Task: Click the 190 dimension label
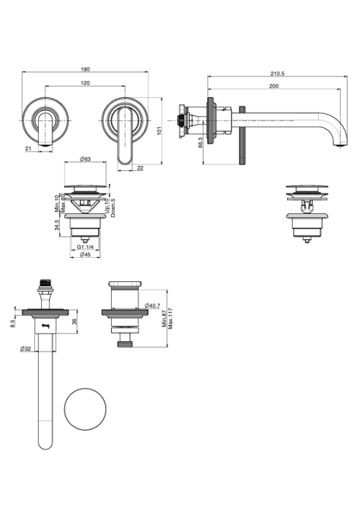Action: pyautogui.click(x=85, y=69)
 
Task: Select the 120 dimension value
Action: pyautogui.click(x=85, y=83)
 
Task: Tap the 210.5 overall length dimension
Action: pyautogui.click(x=277, y=74)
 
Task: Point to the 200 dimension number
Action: pyautogui.click(x=274, y=86)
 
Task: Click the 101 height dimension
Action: pyautogui.click(x=159, y=131)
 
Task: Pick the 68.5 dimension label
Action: pyautogui.click(x=199, y=142)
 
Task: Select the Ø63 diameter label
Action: pyautogui.click(x=85, y=159)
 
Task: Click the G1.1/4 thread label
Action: pyautogui.click(x=85, y=247)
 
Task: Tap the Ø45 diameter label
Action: pyautogui.click(x=85, y=254)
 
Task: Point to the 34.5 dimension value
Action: pyautogui.click(x=57, y=225)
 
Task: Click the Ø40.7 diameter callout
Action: pyautogui.click(x=153, y=306)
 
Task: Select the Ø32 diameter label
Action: pyautogui.click(x=25, y=349)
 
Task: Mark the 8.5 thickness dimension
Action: pyautogui.click(x=13, y=324)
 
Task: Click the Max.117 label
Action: pyautogui.click(x=170, y=319)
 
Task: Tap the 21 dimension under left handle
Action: pyautogui.click(x=28, y=149)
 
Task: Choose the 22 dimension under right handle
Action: pyautogui.click(x=140, y=168)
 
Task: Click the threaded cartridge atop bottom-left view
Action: pyautogui.click(x=45, y=284)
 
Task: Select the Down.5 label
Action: pyautogui.click(x=113, y=208)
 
